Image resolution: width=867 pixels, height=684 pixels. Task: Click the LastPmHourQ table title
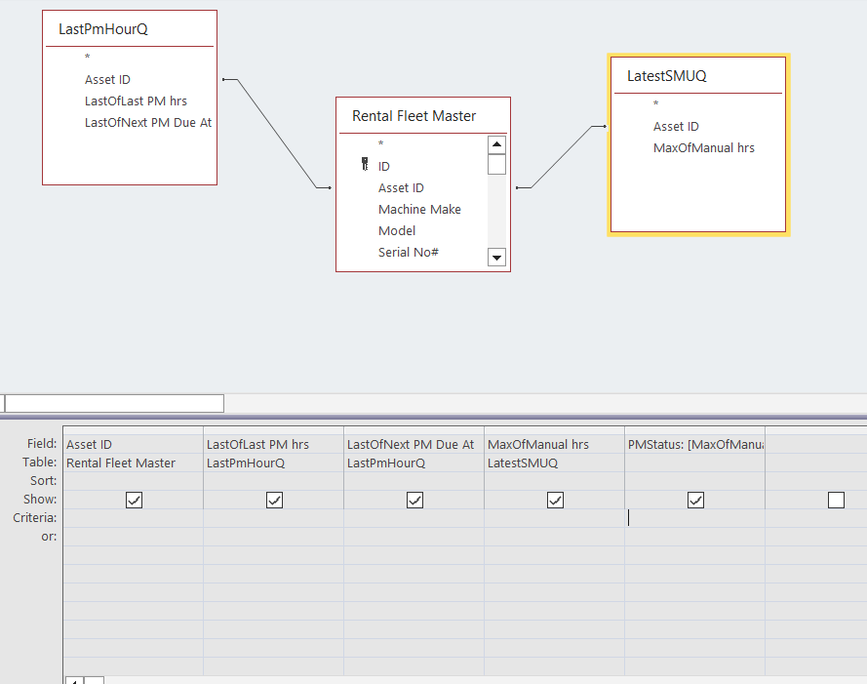103,29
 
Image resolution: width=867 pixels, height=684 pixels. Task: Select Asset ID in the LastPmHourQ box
107,80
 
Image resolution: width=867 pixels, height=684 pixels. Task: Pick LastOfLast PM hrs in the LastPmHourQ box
136,101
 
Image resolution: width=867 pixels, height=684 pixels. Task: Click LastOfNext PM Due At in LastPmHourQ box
148,123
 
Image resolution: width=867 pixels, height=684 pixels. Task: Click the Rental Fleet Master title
414,116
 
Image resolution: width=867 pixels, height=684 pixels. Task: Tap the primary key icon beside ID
365,164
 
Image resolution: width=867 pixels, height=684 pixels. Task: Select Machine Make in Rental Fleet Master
419,210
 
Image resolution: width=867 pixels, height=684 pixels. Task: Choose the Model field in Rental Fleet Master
397,231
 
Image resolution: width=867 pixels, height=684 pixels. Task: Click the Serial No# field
409,253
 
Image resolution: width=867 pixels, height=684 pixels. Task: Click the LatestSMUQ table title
667,76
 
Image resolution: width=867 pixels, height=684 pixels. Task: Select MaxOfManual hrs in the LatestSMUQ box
704,148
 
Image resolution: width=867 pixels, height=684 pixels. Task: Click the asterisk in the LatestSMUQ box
655,103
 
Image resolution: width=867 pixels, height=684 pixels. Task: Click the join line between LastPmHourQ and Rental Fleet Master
276,134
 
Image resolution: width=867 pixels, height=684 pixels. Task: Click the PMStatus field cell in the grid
695,444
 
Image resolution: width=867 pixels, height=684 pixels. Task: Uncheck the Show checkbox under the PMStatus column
695,501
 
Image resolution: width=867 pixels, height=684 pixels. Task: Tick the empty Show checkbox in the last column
836,501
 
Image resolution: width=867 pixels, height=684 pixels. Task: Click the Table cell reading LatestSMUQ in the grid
523,463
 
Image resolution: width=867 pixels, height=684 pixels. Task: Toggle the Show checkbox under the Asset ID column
134,501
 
